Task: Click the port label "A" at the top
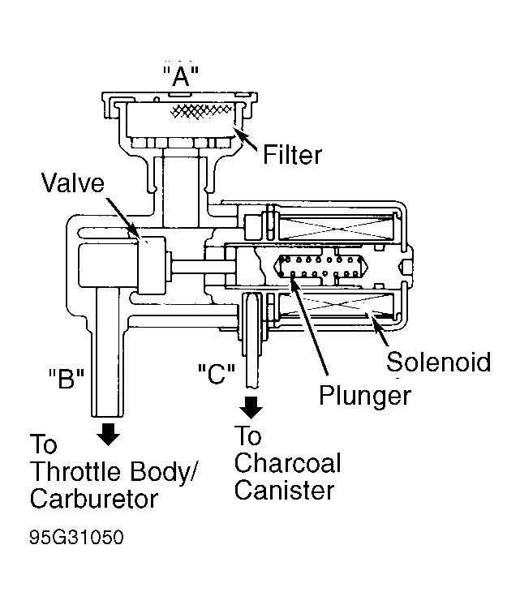[181, 76]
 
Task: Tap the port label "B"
[67, 378]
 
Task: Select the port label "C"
[216, 374]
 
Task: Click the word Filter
[292, 155]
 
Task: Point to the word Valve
[73, 182]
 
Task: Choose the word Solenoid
[439, 362]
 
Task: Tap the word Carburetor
[94, 498]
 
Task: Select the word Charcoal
[287, 462]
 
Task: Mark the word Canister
[284, 490]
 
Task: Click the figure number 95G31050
[76, 537]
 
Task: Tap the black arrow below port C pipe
[251, 407]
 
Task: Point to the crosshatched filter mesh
[201, 111]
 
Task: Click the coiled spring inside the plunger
[321, 266]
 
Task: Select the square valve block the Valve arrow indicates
[151, 266]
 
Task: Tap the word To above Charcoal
[248, 436]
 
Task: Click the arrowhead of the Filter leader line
[238, 134]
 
